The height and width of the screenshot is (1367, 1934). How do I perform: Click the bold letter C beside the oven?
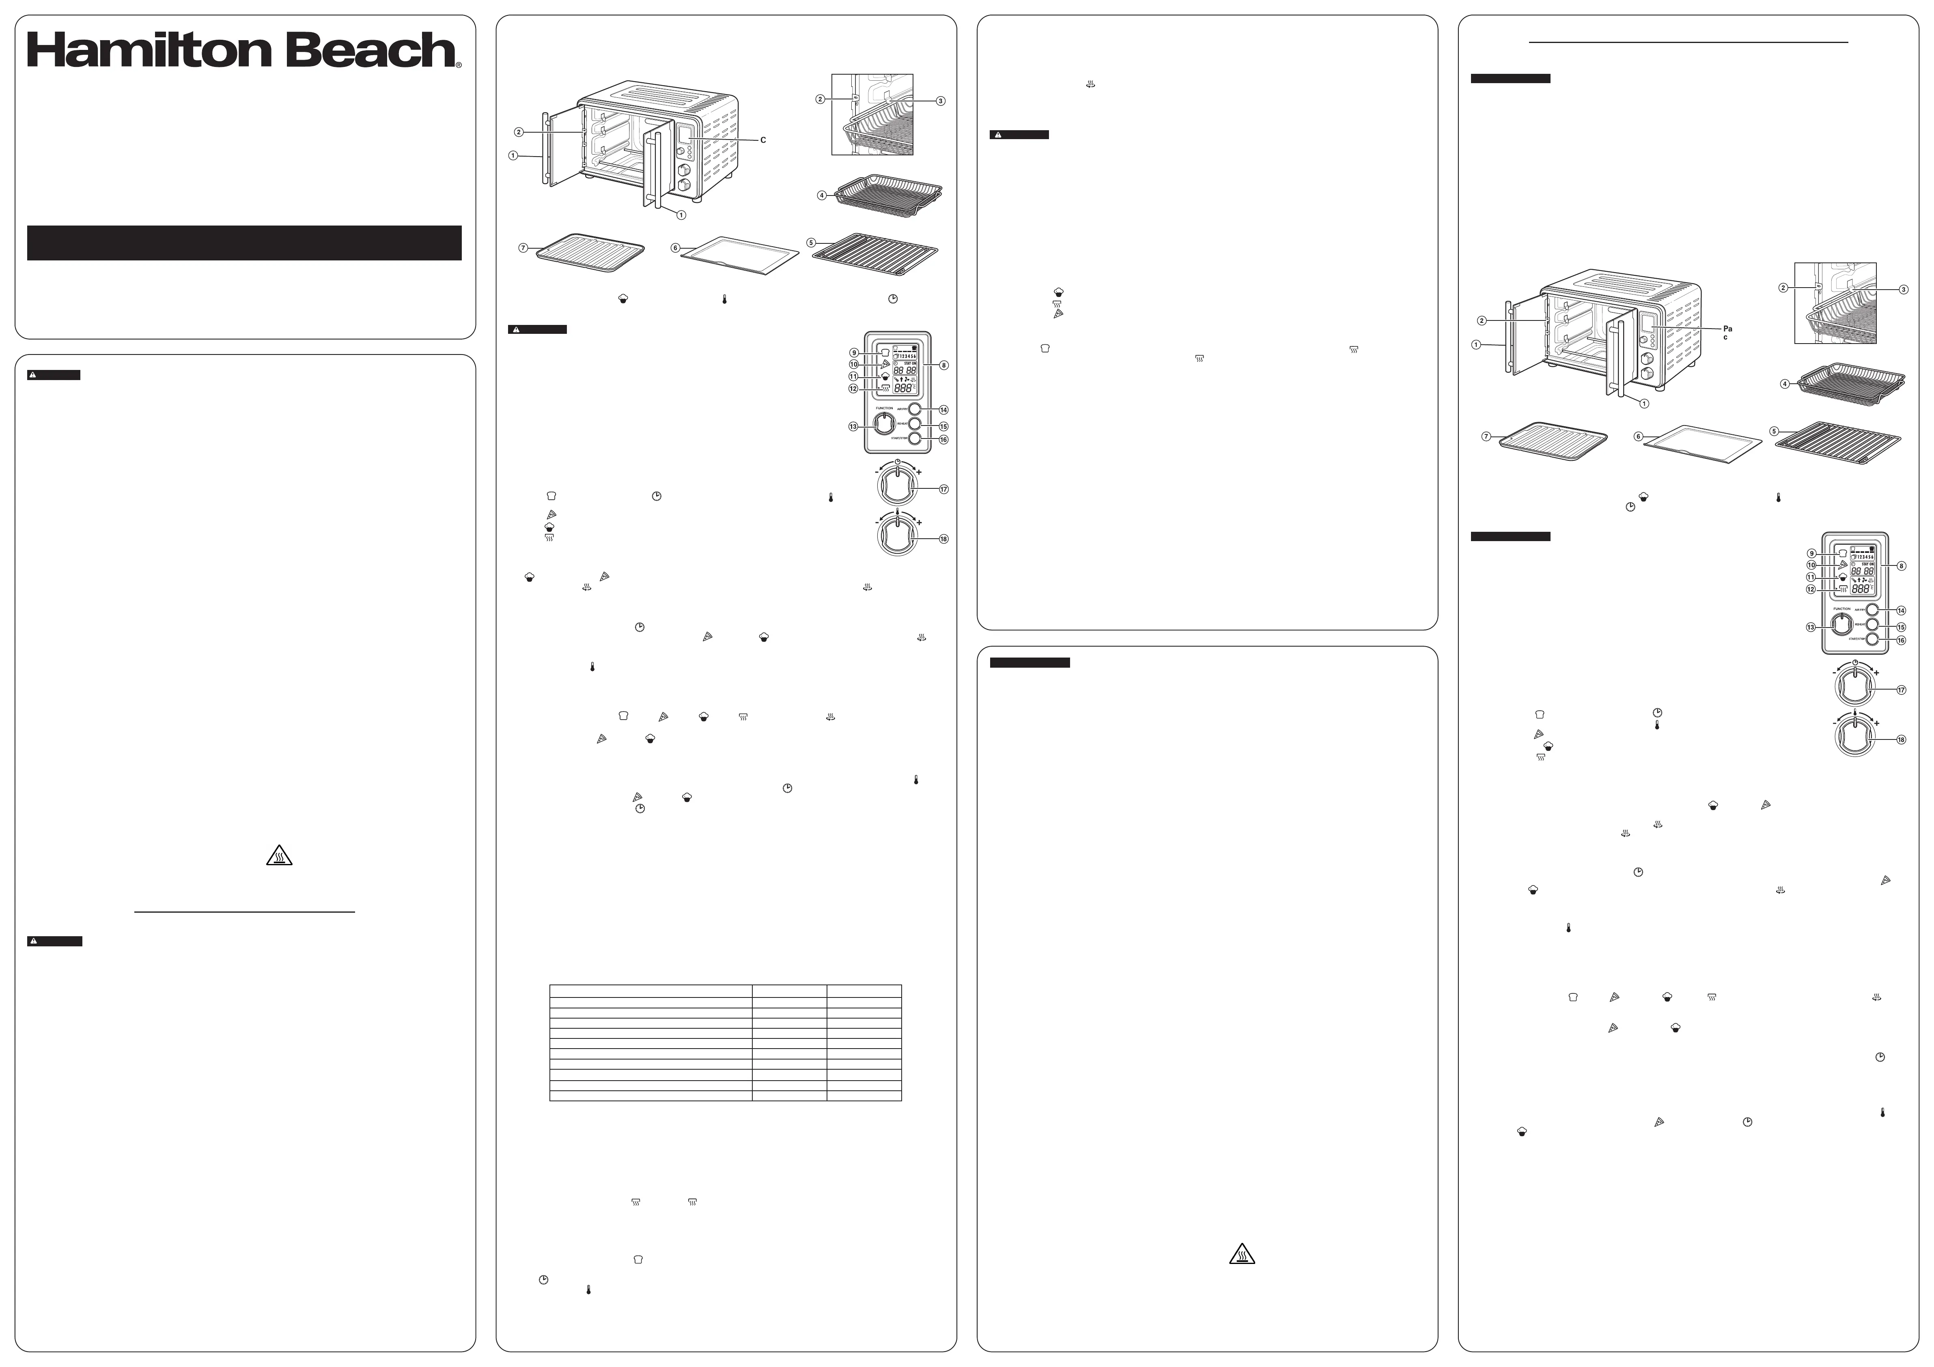[x=763, y=140]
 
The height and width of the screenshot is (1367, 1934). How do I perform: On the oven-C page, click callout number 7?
[x=523, y=247]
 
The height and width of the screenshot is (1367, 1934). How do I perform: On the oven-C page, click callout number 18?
[x=943, y=539]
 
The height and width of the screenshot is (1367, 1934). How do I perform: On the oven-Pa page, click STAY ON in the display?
[x=1866, y=563]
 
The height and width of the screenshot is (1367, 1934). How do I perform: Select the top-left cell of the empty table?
[x=650, y=991]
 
